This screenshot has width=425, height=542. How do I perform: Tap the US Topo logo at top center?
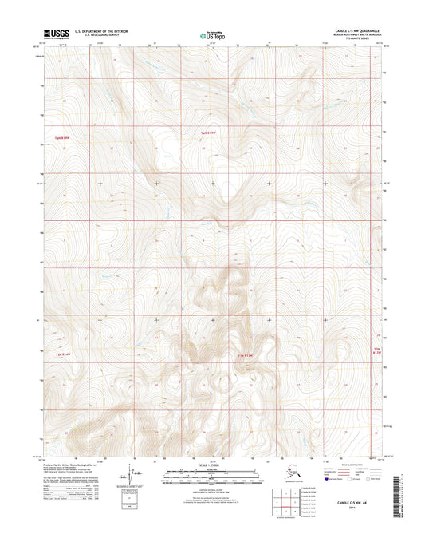[x=211, y=35]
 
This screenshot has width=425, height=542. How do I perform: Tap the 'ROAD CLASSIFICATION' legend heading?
[x=350, y=462]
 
